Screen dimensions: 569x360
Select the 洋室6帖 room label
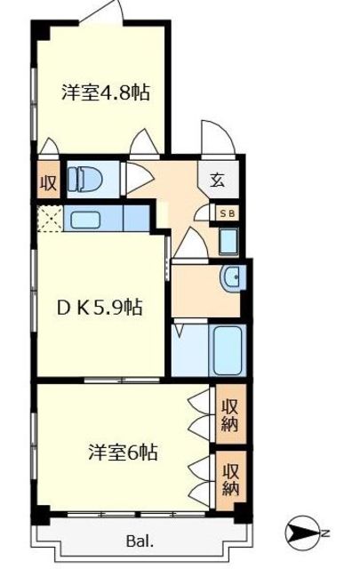tap(123, 453)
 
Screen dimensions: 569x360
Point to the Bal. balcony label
tap(141, 540)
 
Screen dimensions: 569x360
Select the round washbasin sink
tap(233, 278)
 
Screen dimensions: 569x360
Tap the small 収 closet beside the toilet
tap(47, 184)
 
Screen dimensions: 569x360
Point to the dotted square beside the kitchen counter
tap(50, 219)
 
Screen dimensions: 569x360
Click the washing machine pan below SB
tap(227, 239)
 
